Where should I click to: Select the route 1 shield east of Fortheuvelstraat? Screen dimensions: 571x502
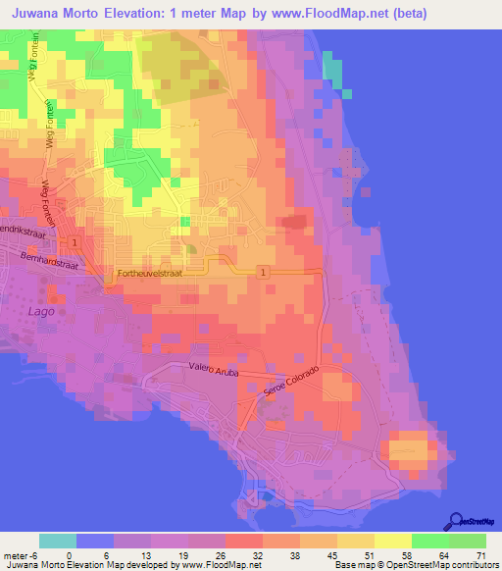coord(263,270)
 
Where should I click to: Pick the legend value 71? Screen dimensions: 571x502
coord(480,553)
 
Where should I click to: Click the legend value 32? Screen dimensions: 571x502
coord(256,553)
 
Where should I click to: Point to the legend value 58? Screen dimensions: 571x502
coord(406,553)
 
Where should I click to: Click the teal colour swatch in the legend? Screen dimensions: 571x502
coord(58,541)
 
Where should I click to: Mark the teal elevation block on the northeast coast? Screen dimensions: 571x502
coord(333,71)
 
